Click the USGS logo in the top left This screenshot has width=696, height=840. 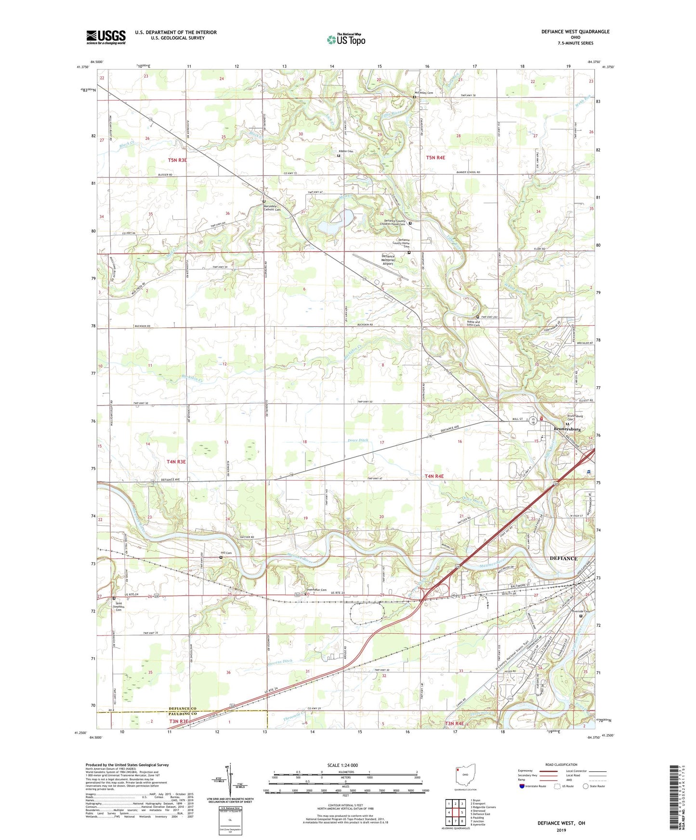tap(106, 37)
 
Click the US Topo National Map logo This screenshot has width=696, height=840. tap(346, 39)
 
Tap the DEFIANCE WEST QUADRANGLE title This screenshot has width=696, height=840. tap(575, 32)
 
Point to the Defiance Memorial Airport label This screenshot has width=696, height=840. tap(388, 260)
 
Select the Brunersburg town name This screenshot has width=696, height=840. tap(567, 429)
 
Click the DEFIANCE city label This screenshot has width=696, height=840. tap(564, 559)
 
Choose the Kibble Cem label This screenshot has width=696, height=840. tap(345, 152)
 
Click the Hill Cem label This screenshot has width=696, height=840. tap(226, 553)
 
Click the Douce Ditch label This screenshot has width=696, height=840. tap(357, 440)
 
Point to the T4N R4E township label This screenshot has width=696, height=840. tap(434, 476)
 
